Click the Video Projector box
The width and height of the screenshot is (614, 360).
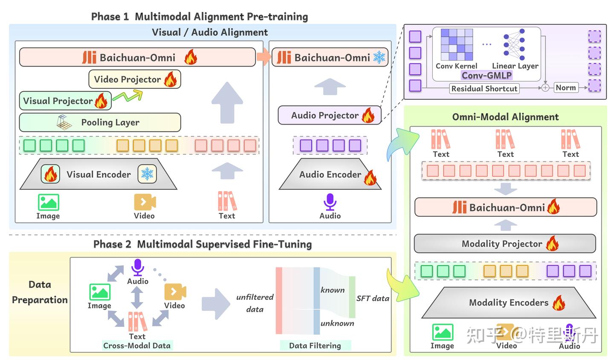134,79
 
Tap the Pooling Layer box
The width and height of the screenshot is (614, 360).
100,122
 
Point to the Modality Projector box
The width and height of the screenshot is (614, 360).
505,244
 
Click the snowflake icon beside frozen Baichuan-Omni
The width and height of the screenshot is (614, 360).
379,57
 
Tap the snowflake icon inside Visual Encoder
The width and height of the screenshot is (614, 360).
147,174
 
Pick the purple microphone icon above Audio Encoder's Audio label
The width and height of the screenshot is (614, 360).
330,202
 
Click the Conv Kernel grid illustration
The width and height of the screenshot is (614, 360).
457,44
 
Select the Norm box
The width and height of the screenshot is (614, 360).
566,87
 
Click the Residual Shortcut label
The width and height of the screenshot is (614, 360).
484,89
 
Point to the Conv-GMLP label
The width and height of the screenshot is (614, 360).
487,75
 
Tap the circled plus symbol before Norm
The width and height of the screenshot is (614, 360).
545,88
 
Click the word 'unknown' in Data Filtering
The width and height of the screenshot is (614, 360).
337,323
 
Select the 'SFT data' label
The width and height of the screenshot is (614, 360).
373,299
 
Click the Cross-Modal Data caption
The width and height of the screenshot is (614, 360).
137,345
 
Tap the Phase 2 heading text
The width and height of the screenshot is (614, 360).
203,244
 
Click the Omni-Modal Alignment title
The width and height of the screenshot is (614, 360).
505,117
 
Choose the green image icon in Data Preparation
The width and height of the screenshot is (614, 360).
100,292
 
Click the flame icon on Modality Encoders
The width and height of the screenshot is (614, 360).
559,303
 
